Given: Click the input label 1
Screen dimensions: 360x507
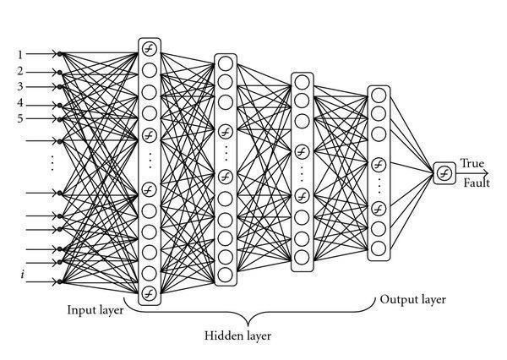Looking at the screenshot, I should tap(19, 55).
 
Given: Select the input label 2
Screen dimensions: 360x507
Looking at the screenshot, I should tap(19, 71).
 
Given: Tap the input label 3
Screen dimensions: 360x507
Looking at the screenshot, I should tap(19, 86).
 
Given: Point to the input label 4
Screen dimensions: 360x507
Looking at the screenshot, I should tap(19, 103).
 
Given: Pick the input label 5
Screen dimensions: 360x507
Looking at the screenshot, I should tap(19, 118).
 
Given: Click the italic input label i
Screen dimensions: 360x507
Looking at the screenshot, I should tap(22, 274).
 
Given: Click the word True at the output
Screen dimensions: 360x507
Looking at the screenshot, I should tap(471, 164).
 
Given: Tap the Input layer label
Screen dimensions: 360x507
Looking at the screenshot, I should tap(95, 310).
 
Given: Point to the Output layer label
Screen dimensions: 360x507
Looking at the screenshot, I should tap(412, 299).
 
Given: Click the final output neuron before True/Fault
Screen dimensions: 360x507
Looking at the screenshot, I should tap(443, 173).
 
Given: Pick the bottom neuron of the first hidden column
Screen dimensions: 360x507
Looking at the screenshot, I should tap(150, 293).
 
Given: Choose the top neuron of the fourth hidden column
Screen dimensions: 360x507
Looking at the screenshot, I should tap(378, 95).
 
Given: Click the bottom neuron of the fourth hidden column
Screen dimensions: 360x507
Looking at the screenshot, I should tap(378, 248).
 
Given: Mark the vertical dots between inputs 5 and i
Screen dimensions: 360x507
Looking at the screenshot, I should tap(52, 162).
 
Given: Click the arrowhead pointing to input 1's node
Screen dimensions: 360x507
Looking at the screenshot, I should tap(56, 55).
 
